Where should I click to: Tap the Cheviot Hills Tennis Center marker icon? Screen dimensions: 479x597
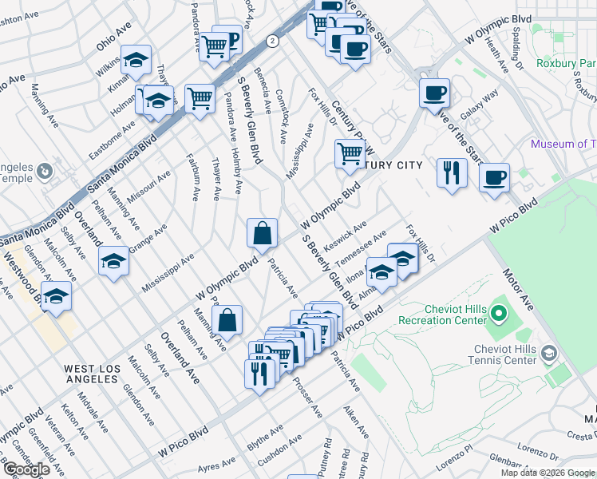(x=548, y=352)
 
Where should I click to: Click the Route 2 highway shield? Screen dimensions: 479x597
(x=273, y=40)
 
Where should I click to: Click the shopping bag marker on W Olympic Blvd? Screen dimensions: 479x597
(x=262, y=235)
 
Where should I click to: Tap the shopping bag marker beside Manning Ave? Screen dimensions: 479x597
(x=227, y=320)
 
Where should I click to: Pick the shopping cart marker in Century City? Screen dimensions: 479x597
(x=349, y=152)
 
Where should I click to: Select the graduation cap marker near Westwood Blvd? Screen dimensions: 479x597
(x=56, y=296)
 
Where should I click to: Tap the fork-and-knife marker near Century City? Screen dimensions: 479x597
(x=452, y=172)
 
